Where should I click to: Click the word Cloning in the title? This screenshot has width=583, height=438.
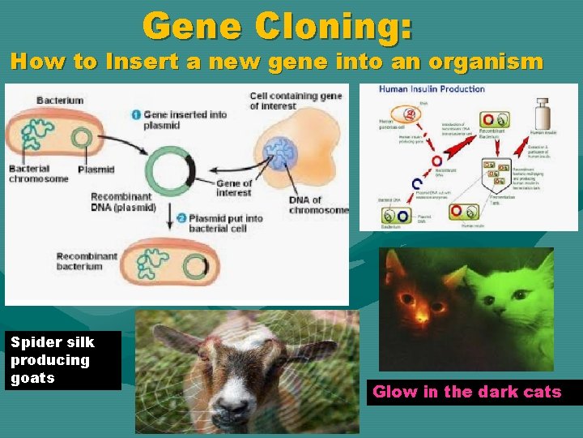pos(333,26)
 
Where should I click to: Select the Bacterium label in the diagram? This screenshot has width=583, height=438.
pos(60,100)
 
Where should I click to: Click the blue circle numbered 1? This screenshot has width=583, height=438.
pos(138,114)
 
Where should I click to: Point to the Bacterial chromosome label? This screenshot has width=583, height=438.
pos(39,174)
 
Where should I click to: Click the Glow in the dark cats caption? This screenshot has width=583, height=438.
pos(467,392)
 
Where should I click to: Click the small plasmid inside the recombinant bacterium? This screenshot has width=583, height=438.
pos(195,266)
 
